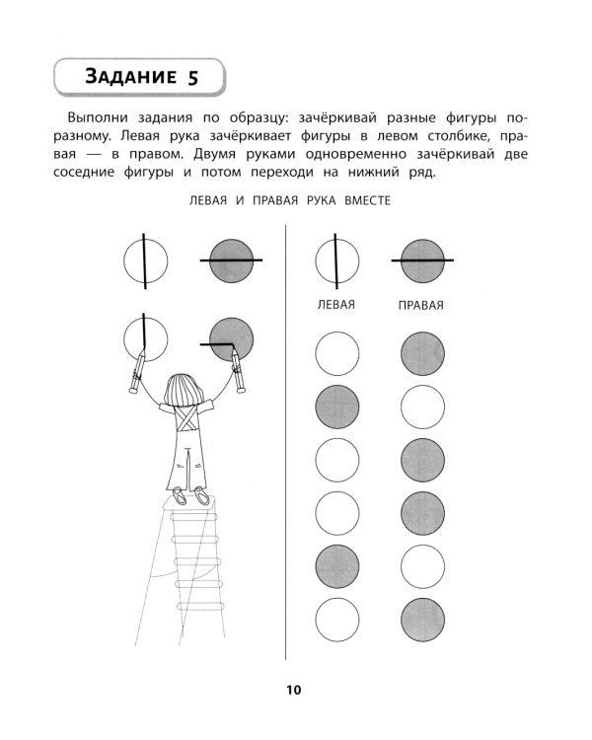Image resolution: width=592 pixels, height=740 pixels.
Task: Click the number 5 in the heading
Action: coord(192,77)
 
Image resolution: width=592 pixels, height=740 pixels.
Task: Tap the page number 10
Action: coord(296,690)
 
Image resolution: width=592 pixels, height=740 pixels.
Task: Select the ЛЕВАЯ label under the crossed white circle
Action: coord(334,305)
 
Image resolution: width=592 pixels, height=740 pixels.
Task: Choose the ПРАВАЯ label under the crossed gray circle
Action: coord(420,305)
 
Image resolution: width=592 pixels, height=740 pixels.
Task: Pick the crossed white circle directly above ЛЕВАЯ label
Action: coord(334,261)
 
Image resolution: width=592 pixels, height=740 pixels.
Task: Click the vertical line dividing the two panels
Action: coord(285,444)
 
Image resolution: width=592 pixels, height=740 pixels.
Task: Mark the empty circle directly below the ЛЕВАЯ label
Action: coord(334,353)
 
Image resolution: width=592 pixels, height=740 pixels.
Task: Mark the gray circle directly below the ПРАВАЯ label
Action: coord(421,353)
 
